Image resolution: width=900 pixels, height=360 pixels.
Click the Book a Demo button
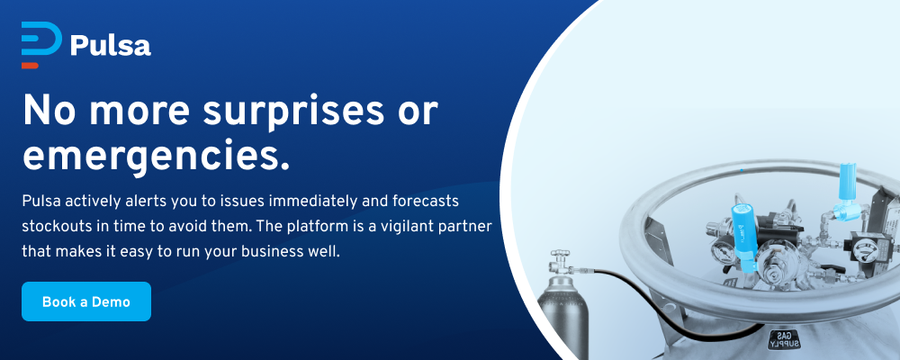(86, 301)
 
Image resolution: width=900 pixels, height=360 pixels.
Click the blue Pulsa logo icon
(41, 41)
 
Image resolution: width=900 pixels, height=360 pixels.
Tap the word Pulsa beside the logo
(111, 46)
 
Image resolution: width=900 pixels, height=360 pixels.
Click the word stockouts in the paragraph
(49, 226)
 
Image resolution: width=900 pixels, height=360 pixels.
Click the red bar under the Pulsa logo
(30, 66)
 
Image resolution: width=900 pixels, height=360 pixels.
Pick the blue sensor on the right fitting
(845, 191)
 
